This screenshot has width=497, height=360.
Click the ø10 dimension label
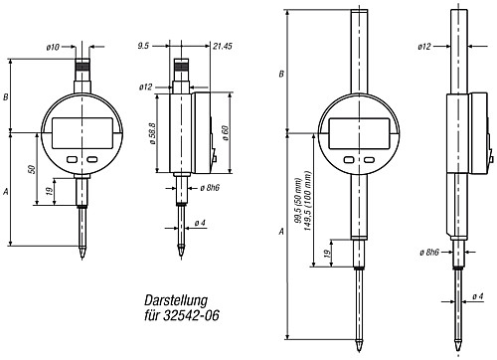click(x=53, y=47)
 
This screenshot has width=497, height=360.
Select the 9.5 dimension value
click(x=144, y=46)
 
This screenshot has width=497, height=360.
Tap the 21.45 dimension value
click(x=223, y=46)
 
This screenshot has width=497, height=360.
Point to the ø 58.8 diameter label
click(x=153, y=133)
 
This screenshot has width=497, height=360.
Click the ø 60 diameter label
click(x=226, y=132)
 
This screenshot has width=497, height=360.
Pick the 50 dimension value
click(x=32, y=169)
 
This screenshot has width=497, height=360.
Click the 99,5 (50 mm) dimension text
click(x=298, y=201)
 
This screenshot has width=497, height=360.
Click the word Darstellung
click(x=176, y=300)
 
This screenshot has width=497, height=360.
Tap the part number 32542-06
click(x=191, y=315)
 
